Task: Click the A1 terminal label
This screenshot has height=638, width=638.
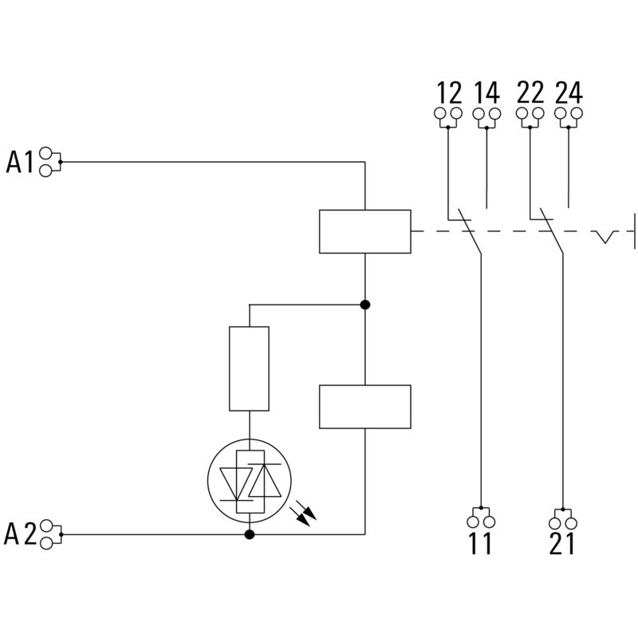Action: (21, 162)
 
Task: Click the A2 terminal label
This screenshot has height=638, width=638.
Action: (21, 534)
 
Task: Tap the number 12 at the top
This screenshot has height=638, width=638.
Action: (449, 93)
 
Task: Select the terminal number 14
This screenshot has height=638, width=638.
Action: (486, 93)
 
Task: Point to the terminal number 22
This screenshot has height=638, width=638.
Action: (530, 93)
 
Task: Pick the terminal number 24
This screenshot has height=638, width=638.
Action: (568, 93)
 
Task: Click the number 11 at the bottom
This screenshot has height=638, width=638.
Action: (481, 544)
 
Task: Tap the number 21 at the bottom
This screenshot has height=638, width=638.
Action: (561, 544)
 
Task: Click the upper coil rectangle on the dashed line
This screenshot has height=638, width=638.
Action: (364, 231)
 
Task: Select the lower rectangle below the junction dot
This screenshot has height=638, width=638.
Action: (364, 407)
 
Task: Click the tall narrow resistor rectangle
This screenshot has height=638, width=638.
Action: (249, 368)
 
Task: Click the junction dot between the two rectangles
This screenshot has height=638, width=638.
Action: (364, 305)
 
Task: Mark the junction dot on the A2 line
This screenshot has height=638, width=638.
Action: (249, 534)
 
